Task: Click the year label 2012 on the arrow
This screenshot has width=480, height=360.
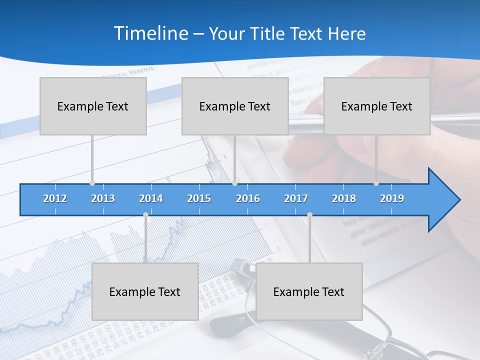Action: pyautogui.click(x=55, y=198)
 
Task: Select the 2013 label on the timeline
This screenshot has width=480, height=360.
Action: pyautogui.click(x=103, y=198)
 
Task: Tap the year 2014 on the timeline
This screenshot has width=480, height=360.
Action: pyautogui.click(x=151, y=198)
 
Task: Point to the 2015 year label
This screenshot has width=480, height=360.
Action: pyautogui.click(x=199, y=198)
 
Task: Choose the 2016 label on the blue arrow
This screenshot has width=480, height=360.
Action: pyautogui.click(x=248, y=198)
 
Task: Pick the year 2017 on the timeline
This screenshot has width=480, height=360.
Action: pyautogui.click(x=296, y=198)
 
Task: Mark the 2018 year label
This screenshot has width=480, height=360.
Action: pyautogui.click(x=344, y=198)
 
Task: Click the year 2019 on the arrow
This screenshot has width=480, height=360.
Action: pyautogui.click(x=392, y=198)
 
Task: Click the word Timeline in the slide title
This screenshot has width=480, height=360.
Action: pyautogui.click(x=150, y=33)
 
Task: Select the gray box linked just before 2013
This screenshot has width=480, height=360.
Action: pyautogui.click(x=93, y=106)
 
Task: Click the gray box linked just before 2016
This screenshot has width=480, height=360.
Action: pyautogui.click(x=235, y=106)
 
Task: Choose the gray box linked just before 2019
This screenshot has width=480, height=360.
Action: pyautogui.click(x=377, y=106)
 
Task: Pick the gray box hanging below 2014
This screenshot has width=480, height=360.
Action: pyautogui.click(x=145, y=291)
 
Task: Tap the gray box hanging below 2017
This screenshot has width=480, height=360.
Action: pyautogui.click(x=309, y=291)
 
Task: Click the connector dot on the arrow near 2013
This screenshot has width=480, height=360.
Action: pyautogui.click(x=92, y=183)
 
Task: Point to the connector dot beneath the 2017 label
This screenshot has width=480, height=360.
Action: pyautogui.click(x=309, y=215)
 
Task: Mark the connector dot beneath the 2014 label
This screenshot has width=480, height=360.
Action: pyautogui.click(x=145, y=215)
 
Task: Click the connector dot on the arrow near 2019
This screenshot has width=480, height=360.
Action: pyautogui.click(x=376, y=183)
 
